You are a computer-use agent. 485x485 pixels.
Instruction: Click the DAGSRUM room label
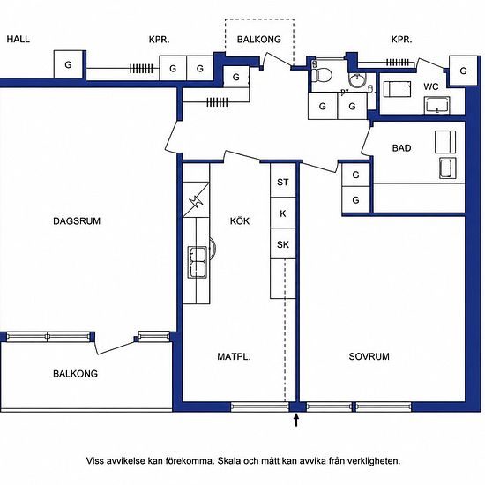[77, 221]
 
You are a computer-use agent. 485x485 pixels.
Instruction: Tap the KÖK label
[240, 220]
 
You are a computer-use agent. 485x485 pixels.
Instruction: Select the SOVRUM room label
[369, 356]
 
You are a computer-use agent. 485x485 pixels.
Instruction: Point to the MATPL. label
[234, 356]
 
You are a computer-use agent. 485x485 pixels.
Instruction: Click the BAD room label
[401, 148]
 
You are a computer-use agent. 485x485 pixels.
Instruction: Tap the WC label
[431, 86]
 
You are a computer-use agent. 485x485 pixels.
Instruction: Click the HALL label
[19, 40]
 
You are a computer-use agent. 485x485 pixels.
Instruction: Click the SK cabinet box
[283, 243]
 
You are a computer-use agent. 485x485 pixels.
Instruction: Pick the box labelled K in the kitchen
[283, 213]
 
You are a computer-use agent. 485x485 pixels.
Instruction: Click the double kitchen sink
[198, 262]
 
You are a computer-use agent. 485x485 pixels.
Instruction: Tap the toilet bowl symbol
[322, 75]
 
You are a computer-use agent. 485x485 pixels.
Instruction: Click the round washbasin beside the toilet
[357, 80]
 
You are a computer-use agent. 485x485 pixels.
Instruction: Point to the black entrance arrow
[296, 421]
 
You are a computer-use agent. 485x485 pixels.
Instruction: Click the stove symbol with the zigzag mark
[196, 200]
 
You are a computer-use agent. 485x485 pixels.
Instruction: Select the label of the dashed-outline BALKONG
[259, 40]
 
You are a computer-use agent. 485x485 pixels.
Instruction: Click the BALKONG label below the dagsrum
[75, 374]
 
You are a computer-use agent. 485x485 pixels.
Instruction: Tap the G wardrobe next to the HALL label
[69, 64]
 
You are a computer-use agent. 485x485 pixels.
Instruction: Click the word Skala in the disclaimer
[229, 461]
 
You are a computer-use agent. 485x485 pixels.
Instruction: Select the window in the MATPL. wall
[260, 407]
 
